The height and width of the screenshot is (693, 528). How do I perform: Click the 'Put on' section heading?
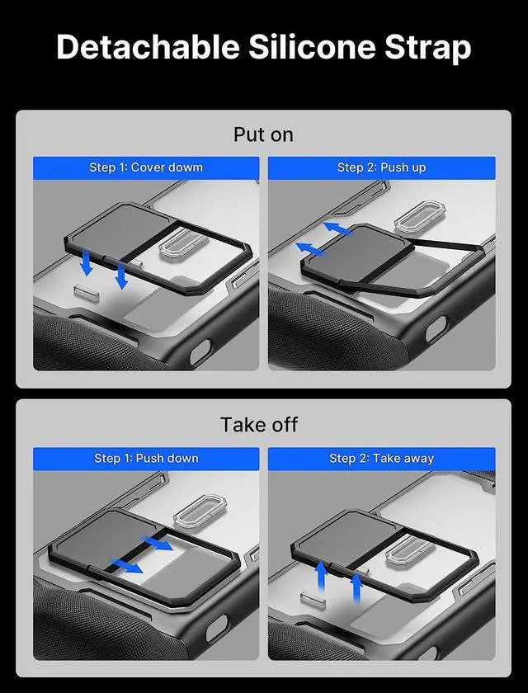coord(263,134)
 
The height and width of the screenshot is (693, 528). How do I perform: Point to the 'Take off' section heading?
coord(258,425)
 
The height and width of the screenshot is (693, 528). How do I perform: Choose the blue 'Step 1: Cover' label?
coord(146,167)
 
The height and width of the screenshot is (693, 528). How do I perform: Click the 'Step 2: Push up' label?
coord(381,167)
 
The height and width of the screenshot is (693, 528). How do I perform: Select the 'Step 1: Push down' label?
coord(146,459)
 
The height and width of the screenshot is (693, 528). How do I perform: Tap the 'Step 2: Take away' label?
coord(381,459)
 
